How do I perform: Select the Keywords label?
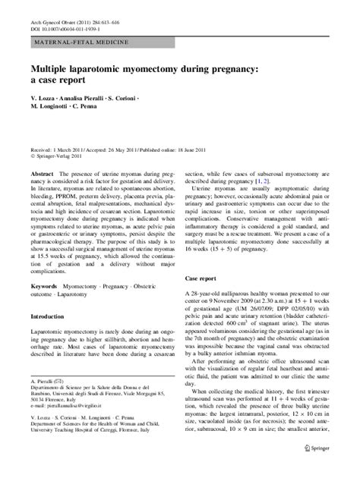point(43,288)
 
